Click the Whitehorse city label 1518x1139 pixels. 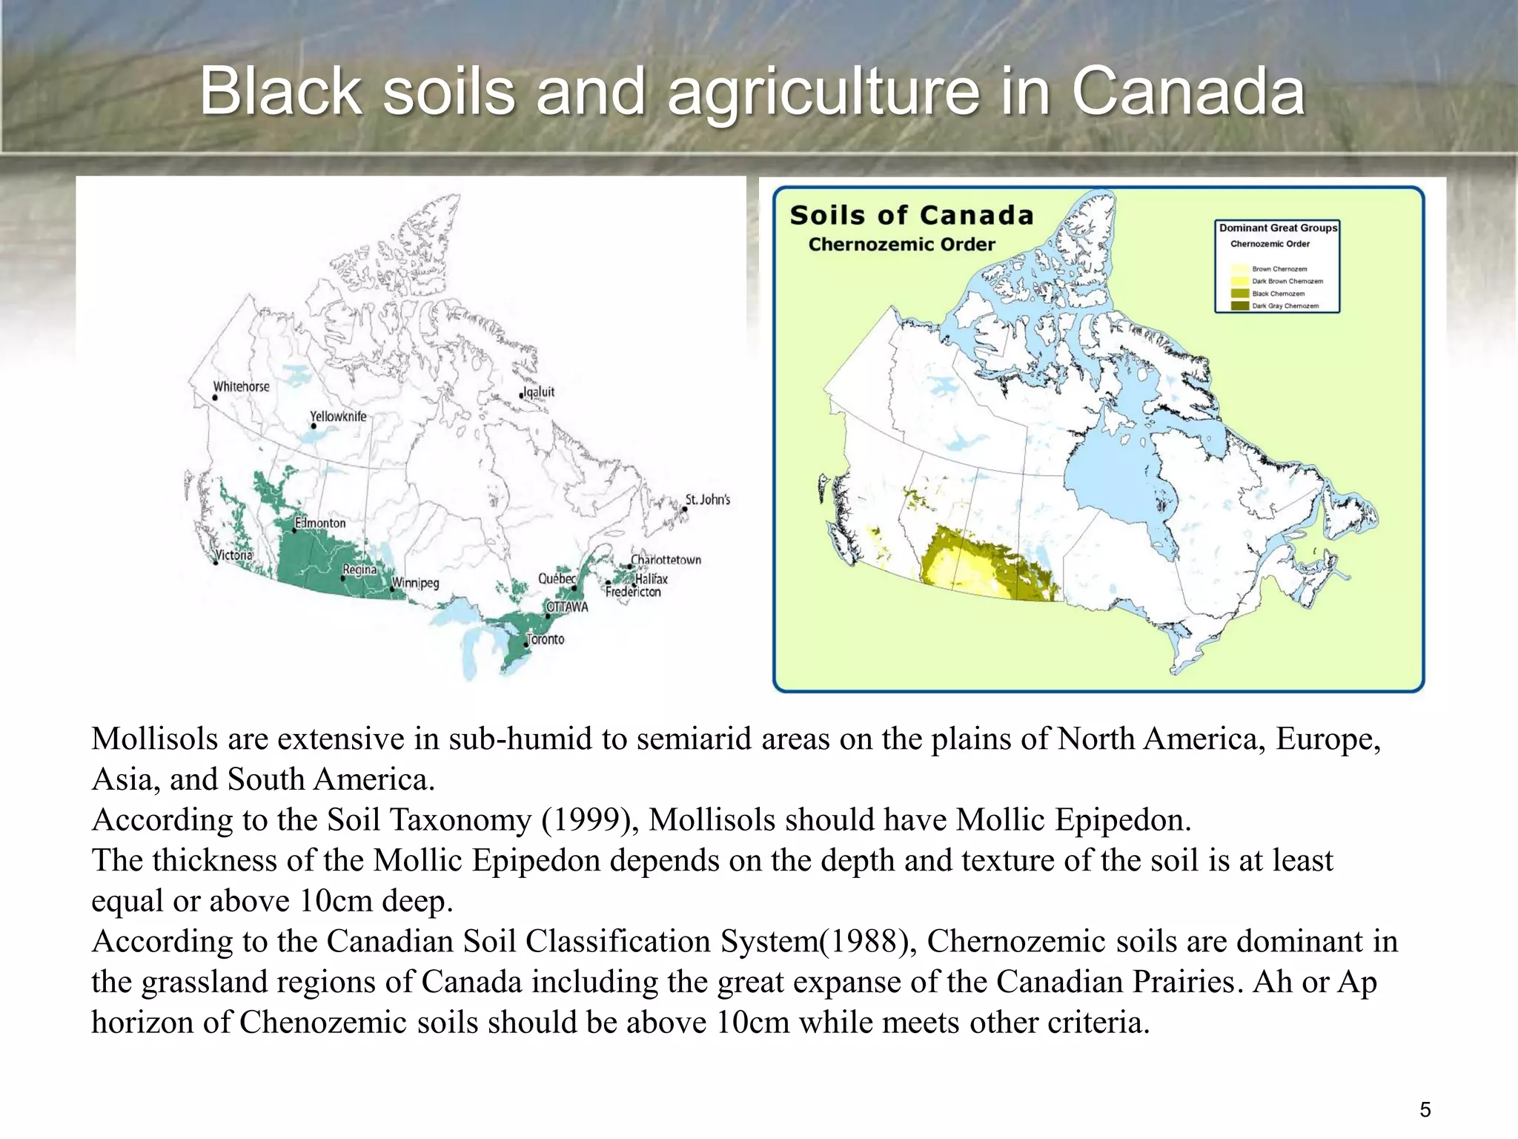tap(241, 386)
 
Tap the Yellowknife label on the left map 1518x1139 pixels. tap(338, 416)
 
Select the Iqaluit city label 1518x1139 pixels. tap(539, 392)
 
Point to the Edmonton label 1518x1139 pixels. tap(320, 523)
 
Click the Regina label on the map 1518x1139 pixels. tap(359, 569)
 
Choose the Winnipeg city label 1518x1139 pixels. tap(415, 583)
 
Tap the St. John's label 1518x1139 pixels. tap(707, 500)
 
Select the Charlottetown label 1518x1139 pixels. tap(666, 560)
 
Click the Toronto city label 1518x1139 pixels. tap(546, 639)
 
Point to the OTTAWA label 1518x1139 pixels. tap(567, 607)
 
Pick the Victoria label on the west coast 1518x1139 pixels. tap(233, 555)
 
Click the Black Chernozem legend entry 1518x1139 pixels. tap(1278, 294)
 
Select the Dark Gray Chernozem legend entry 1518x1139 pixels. tap(1285, 306)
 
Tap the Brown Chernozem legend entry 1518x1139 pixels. tap(1279, 269)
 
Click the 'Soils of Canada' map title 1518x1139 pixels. tap(912, 215)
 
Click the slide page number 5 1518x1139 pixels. tap(1425, 1109)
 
